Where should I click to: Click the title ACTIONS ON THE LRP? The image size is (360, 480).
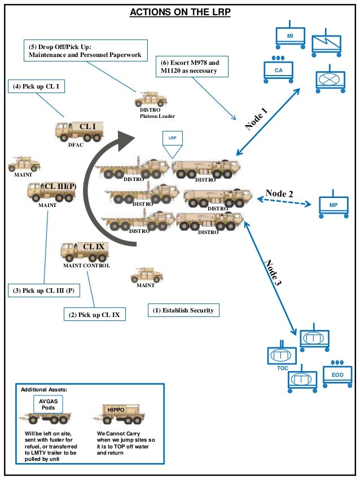pos(180,12)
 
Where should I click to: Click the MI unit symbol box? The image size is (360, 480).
pos(290,37)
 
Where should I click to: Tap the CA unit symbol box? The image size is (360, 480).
pos(278,70)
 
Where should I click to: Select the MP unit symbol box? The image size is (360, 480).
pos(333,205)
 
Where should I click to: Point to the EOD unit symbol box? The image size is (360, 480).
pos(337,375)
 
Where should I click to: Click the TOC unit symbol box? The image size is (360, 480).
pos(282,356)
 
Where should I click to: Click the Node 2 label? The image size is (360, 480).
pos(279,193)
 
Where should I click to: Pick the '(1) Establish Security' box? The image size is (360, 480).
pos(184,310)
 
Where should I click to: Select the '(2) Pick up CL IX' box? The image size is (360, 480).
pos(94,314)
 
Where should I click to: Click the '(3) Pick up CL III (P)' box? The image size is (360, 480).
pos(43,290)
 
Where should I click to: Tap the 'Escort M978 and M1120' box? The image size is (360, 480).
pos(193,66)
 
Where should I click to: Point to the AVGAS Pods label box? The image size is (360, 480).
pos(48,404)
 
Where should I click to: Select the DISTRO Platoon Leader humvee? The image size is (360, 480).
pos(150,99)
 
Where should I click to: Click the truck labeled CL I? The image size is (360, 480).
pos(79,131)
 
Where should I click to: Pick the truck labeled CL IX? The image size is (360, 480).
pos(84,252)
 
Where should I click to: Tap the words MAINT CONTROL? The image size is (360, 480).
pos(86,266)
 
